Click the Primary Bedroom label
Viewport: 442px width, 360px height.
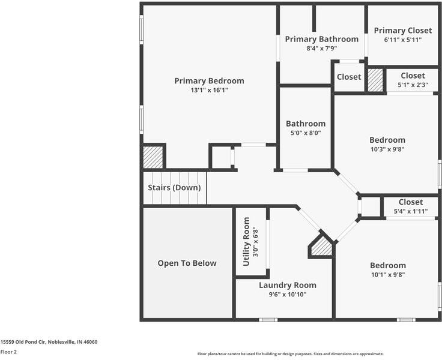coord(209,81)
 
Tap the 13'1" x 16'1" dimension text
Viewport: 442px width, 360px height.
coord(209,90)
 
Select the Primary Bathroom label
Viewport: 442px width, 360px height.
coord(321,39)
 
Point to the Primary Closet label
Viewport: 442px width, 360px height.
coord(402,31)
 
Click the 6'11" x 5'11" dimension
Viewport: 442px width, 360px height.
coord(402,40)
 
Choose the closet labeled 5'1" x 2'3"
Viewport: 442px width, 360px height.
coord(413,80)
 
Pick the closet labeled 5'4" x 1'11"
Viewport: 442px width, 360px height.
coord(410,206)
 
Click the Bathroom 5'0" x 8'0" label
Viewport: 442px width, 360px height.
coord(305,128)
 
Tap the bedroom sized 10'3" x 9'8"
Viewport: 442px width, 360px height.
coord(387,145)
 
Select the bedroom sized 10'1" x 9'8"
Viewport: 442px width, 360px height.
coord(387,269)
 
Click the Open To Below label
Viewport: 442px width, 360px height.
coord(187,263)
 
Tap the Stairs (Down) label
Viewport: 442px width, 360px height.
coord(174,187)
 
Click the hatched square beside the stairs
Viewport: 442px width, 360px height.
coord(153,157)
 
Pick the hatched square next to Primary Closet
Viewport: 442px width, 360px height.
coord(375,80)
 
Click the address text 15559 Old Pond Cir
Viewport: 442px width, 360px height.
coord(49,341)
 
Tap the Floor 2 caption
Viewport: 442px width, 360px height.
coord(8,352)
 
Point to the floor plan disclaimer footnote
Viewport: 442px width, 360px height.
coord(290,354)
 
